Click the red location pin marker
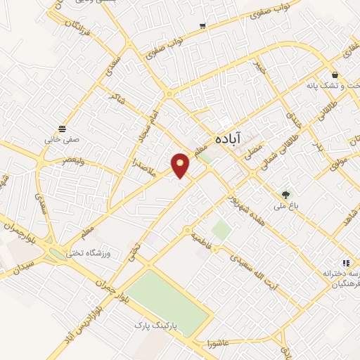click(x=181, y=165)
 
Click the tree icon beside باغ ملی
click(x=285, y=194)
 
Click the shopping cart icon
click(x=202, y=26)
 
